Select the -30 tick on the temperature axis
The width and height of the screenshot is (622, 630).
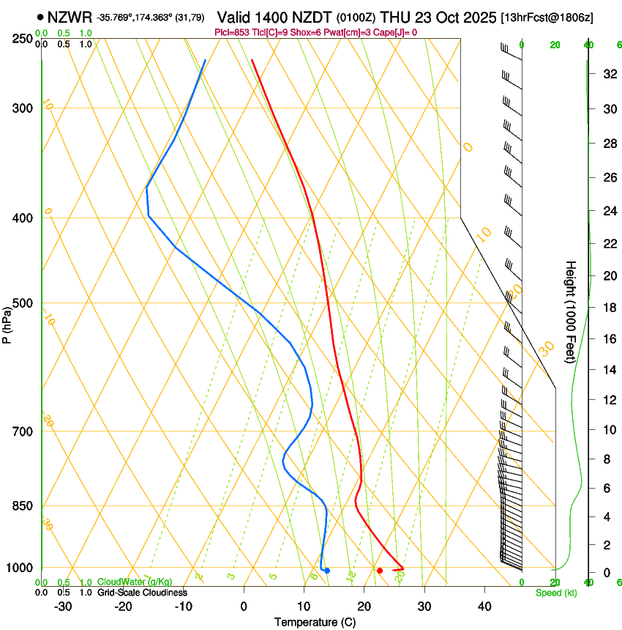[63, 607]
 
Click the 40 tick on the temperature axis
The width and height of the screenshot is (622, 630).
[484, 607]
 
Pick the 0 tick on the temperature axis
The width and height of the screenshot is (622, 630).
[244, 607]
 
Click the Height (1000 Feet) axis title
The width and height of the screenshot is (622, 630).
[571, 312]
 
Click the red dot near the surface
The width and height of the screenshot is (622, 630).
[380, 570]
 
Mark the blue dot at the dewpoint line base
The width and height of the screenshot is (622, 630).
[327, 570]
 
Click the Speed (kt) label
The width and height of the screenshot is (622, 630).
[556, 593]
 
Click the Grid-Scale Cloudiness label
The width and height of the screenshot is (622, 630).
[142, 593]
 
